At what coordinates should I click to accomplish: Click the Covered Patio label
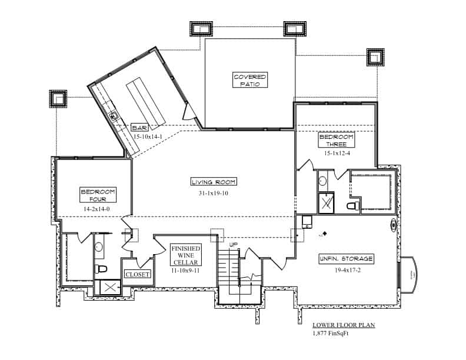[x=250, y=81]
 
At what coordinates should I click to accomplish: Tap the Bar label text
[x=139, y=127]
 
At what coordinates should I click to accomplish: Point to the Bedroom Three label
[x=337, y=140]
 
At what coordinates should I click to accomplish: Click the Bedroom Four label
[x=98, y=195]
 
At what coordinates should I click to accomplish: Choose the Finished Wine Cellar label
[x=186, y=255]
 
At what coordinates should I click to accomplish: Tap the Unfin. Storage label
[x=347, y=259]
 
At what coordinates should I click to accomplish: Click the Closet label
[x=137, y=274]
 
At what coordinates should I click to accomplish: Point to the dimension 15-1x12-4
[x=337, y=154]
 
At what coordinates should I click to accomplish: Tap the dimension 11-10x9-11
[x=186, y=271]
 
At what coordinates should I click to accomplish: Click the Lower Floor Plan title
[x=344, y=325]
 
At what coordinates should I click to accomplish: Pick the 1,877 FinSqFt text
[x=331, y=334]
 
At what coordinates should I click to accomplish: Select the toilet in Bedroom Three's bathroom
[x=352, y=206]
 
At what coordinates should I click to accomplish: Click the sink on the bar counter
[x=115, y=116]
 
